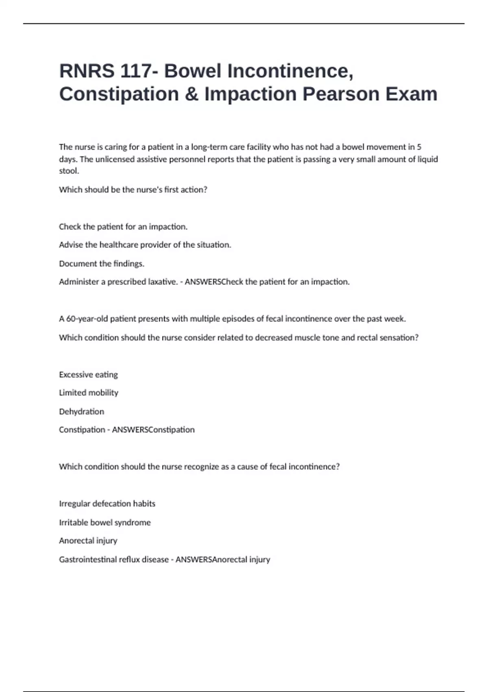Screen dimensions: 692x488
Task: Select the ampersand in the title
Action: [x=191, y=94]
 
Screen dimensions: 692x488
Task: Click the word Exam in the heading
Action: [x=411, y=94]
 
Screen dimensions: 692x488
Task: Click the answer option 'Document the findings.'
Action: [x=102, y=263]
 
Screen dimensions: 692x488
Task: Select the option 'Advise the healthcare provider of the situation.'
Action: [x=145, y=245]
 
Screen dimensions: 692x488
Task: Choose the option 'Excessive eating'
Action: [x=88, y=374]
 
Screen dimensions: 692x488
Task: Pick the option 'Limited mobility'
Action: [x=89, y=393]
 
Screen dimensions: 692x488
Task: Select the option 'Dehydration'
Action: [x=81, y=412]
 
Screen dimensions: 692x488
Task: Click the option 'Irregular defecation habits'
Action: [x=107, y=504]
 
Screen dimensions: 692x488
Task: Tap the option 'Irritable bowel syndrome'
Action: [x=105, y=522]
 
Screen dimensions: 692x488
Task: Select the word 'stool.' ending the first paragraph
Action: [x=69, y=171]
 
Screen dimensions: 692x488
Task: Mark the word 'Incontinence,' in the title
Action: [x=290, y=71]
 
